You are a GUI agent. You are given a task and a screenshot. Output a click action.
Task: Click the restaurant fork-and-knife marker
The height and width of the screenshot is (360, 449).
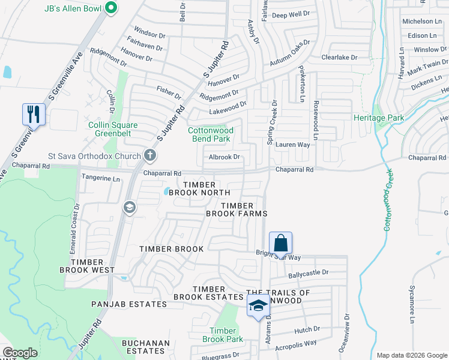tap(34, 113)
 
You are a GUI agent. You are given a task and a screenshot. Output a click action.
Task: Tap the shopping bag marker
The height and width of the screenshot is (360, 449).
tap(280, 244)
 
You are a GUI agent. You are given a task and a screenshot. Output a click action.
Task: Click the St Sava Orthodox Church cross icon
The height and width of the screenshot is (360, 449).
tap(150, 155)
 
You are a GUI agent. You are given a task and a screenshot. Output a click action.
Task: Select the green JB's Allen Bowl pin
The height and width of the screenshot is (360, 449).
tap(110, 8)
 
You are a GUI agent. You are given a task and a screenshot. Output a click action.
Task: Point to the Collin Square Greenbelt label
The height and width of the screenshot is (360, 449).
tap(113, 130)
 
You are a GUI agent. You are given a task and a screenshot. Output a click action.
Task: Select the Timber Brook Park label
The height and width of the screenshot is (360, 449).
tap(226, 335)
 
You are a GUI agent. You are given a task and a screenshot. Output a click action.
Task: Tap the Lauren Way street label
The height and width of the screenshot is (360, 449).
tap(292, 145)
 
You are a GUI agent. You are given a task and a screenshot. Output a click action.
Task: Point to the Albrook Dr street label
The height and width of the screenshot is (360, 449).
tap(224, 157)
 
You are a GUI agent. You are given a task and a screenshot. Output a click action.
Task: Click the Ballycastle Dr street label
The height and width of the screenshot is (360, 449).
tap(309, 272)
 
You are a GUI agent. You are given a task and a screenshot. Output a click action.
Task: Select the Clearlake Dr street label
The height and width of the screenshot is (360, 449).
tap(339, 58)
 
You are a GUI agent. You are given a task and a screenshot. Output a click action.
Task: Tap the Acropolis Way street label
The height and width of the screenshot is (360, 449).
tap(295, 343)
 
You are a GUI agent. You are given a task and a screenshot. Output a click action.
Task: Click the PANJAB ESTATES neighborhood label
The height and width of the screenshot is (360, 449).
tap(129, 304)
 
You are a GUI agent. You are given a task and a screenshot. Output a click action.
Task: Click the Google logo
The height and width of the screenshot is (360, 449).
tap(20, 353)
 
